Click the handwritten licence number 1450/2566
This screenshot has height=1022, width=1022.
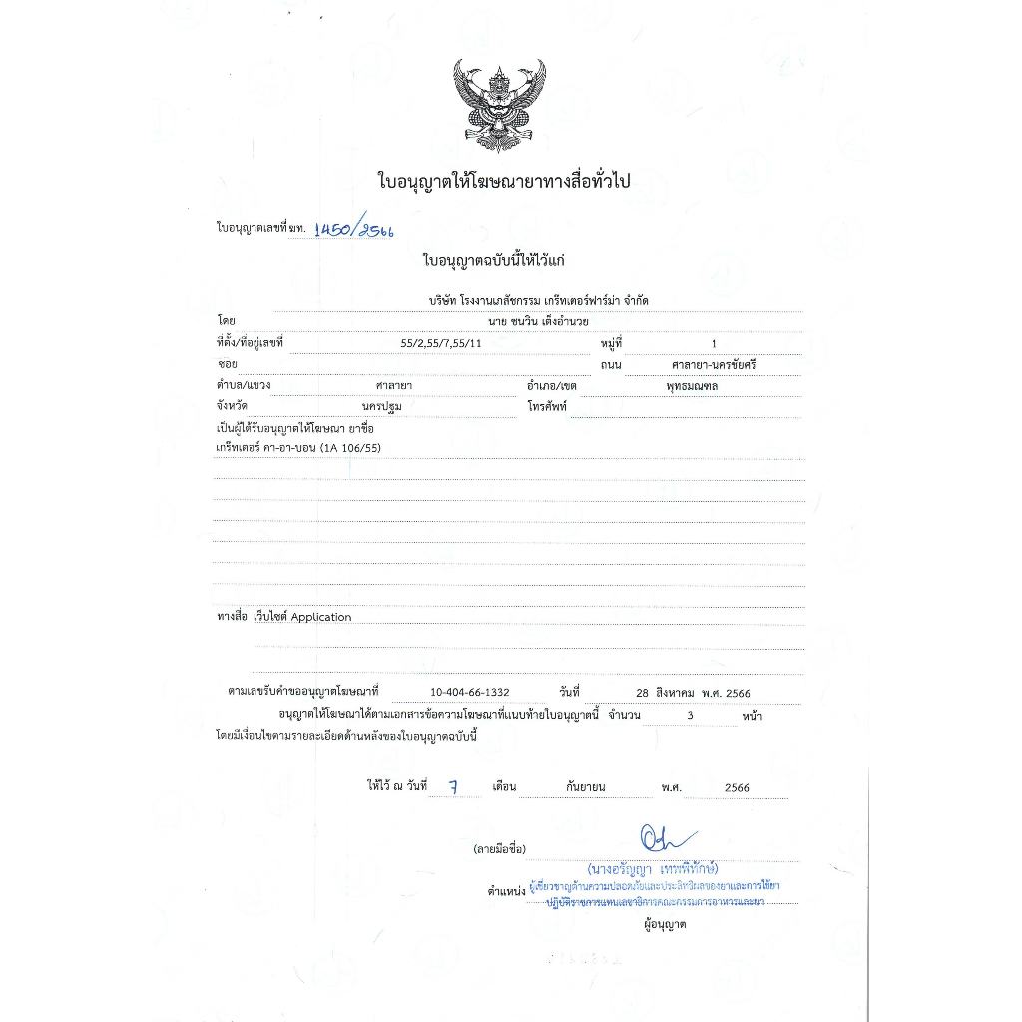[353, 229]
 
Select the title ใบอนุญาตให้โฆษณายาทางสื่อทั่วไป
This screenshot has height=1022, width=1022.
[506, 181]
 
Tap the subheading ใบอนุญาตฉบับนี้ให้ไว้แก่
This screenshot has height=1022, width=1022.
[494, 261]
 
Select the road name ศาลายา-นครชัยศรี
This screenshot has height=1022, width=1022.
[714, 365]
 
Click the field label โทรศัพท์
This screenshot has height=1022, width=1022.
[547, 407]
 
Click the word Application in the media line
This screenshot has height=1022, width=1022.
[321, 617]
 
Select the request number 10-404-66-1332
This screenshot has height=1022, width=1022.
[470, 692]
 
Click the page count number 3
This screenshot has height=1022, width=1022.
[690, 715]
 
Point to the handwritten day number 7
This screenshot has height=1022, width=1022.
[453, 786]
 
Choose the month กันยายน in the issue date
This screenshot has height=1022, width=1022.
[585, 787]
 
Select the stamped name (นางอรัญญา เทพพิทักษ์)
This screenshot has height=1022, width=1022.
[653, 866]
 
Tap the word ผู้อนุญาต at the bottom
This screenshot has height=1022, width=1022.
[665, 924]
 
